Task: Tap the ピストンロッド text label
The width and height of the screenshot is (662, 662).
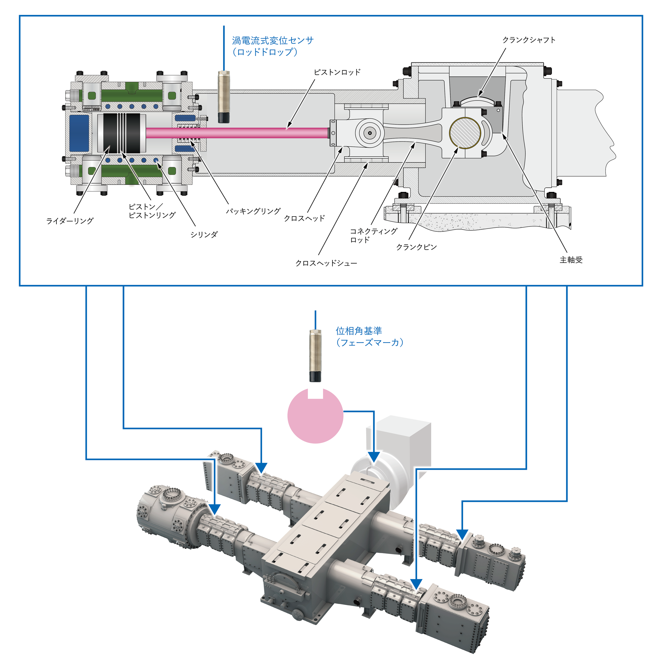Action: click(337, 72)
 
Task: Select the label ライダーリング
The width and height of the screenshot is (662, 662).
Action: click(70, 221)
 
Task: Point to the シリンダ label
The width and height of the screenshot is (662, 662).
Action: click(204, 235)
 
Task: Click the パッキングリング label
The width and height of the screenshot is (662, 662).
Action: click(253, 211)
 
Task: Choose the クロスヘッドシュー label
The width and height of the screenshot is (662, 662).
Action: click(326, 263)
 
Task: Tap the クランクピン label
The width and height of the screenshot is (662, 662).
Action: click(416, 247)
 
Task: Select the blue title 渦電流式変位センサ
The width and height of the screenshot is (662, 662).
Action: click(273, 40)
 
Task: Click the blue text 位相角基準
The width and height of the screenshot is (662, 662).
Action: click(359, 331)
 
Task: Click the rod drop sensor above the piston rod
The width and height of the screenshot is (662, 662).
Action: click(224, 96)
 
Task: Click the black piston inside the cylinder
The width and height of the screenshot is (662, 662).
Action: click(122, 133)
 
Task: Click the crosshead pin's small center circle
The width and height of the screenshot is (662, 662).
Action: click(370, 133)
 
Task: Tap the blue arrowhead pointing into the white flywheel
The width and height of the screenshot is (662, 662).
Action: click(374, 457)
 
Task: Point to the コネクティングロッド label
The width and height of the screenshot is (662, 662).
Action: click(373, 235)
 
